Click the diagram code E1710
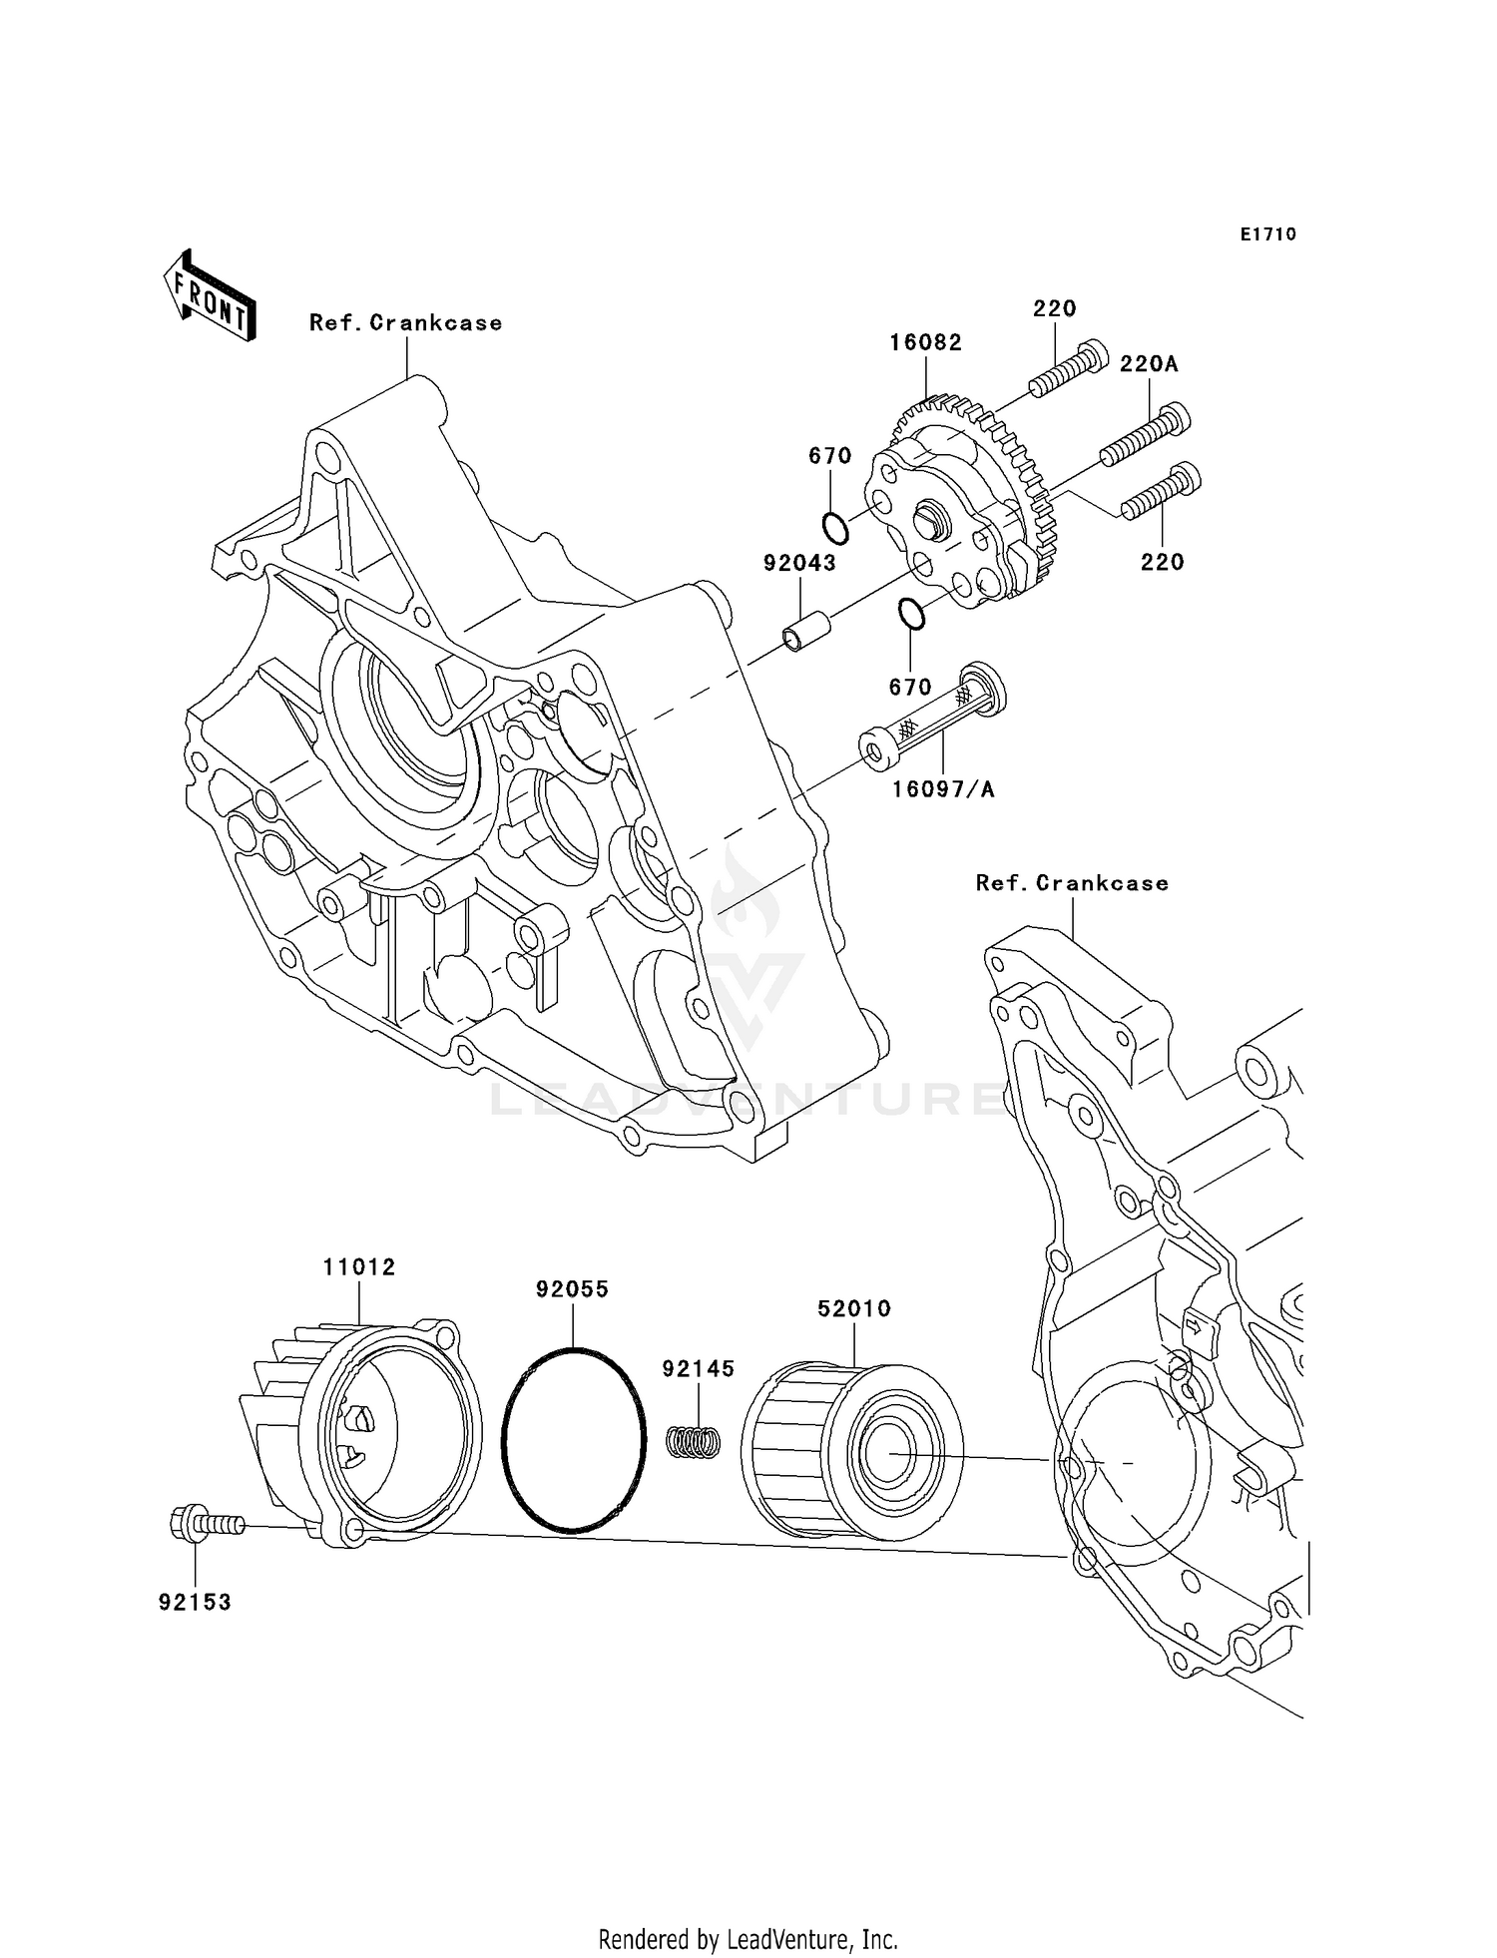(1267, 235)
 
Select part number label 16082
(925, 342)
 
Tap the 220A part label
(1148, 364)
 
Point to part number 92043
(799, 563)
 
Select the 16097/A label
(942, 789)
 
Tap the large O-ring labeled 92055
(572, 1438)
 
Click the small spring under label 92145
(694, 1441)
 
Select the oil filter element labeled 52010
(852, 1449)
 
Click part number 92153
(195, 1602)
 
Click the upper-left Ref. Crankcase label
(405, 323)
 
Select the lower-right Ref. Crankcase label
(1071, 883)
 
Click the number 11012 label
(359, 1267)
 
